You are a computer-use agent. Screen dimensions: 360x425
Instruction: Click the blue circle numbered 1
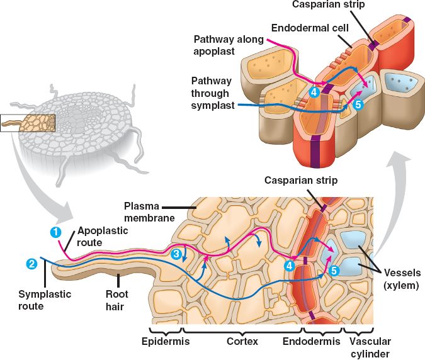(x=56, y=231)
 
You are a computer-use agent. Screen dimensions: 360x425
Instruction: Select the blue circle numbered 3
(x=178, y=254)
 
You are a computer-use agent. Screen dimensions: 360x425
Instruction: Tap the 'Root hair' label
(x=116, y=300)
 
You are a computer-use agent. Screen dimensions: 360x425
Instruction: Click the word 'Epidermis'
(x=166, y=341)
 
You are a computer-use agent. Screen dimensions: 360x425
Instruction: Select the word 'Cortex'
(x=242, y=341)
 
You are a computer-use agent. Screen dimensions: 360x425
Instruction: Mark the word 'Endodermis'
(x=321, y=341)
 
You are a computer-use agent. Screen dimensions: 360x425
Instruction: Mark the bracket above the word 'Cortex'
(x=242, y=330)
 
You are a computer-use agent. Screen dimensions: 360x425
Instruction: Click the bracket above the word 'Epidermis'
(x=166, y=330)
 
